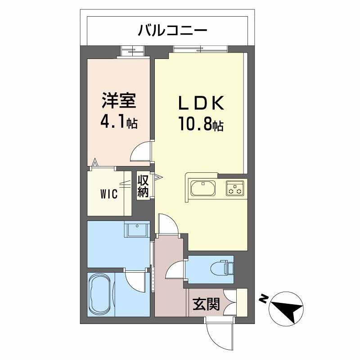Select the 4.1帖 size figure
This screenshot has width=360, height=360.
click(x=119, y=122)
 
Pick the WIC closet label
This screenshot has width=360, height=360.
click(x=108, y=194)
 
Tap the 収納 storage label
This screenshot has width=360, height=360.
click(x=143, y=186)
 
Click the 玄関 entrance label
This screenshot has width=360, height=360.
click(x=207, y=305)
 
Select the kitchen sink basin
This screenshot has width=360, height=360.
click(x=203, y=188)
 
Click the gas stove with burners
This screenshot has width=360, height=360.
click(x=234, y=188)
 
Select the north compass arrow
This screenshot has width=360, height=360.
click(x=287, y=309)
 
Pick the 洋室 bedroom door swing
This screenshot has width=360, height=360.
click(x=141, y=152)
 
